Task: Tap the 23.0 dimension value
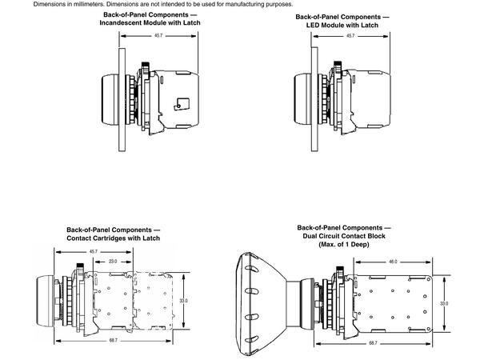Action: (x=112, y=262)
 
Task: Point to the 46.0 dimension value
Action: (x=393, y=262)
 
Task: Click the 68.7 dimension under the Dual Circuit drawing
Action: (x=374, y=342)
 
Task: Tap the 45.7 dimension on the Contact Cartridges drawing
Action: (x=93, y=252)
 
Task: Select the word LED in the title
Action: (x=314, y=25)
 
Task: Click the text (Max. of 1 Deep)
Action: (x=343, y=244)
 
